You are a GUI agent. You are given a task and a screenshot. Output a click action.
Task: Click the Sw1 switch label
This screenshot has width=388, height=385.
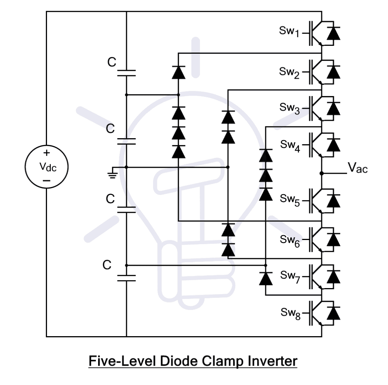[289, 32]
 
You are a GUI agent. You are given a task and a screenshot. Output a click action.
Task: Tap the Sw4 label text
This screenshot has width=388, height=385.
[291, 145]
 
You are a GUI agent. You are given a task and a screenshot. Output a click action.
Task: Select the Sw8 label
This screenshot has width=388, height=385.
[291, 313]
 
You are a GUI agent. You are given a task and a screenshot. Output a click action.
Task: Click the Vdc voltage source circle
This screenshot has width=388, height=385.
[47, 167]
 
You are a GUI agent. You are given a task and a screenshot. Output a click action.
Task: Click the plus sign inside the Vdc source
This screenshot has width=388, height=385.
[46, 153]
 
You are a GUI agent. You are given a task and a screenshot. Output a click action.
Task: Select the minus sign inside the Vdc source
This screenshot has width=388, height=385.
[46, 181]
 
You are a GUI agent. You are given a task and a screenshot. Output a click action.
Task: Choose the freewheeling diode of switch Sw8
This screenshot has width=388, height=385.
[333, 313]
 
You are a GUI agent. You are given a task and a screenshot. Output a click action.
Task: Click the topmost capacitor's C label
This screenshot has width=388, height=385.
[111, 62]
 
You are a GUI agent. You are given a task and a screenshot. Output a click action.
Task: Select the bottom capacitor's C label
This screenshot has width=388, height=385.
[107, 265]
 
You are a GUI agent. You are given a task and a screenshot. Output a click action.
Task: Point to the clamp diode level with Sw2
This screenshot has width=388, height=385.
[178, 72]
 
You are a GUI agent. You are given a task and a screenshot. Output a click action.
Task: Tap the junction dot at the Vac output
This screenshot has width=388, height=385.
[321, 173]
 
